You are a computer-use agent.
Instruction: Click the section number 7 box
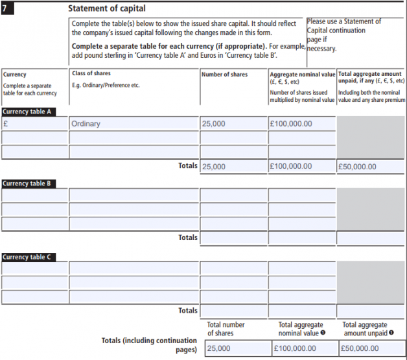(x=8, y=8)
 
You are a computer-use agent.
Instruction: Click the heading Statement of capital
(x=107, y=8)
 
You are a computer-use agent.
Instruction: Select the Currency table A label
(x=27, y=111)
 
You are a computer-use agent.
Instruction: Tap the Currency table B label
(x=27, y=183)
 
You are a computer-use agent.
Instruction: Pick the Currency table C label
(x=27, y=257)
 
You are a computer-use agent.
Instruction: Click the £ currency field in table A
(x=34, y=123)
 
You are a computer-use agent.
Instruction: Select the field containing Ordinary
(x=134, y=123)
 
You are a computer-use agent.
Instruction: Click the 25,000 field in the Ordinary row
(x=233, y=123)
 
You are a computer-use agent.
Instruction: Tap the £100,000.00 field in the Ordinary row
(x=302, y=123)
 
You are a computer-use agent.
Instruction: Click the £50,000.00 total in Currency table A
(x=371, y=166)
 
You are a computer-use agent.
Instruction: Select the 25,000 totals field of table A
(x=233, y=166)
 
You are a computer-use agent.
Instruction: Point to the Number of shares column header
(x=224, y=75)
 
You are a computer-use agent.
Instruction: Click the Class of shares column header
(x=91, y=74)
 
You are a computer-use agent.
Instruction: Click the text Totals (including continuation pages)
(x=149, y=345)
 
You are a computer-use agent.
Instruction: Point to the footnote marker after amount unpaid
(x=390, y=333)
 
